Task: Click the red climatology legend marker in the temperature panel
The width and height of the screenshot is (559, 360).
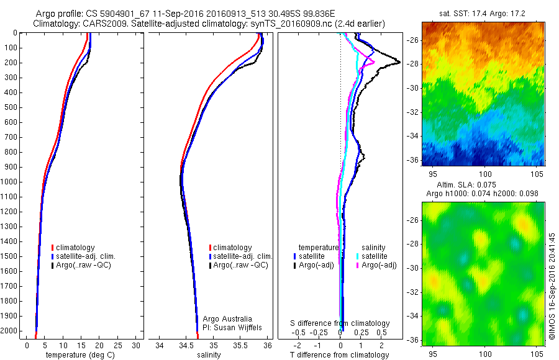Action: [x=53, y=248]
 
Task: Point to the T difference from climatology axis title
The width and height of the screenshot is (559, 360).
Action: [x=339, y=355]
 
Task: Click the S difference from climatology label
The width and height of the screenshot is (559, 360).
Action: [x=340, y=323]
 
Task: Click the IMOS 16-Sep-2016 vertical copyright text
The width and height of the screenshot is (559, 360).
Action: [x=552, y=286]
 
